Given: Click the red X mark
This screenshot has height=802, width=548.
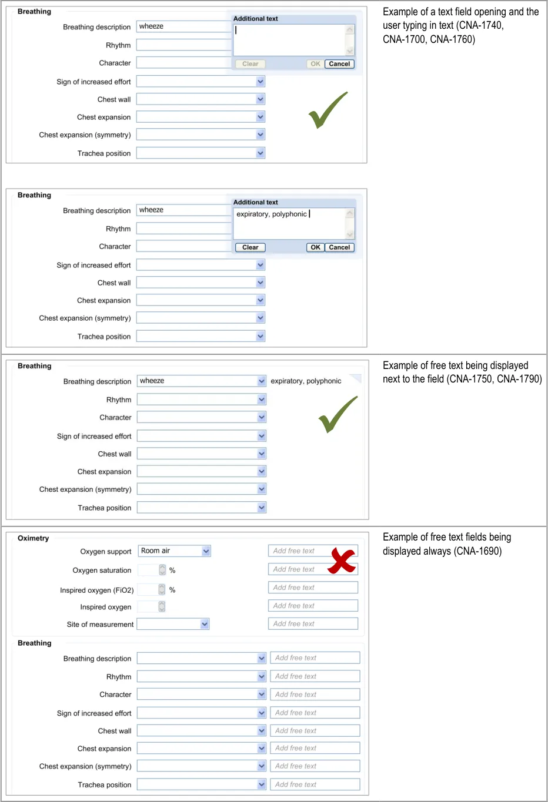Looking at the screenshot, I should click(342, 560).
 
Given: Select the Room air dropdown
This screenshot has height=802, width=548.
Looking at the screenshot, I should click(174, 551).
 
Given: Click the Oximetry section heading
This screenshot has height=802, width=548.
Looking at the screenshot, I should click(33, 538).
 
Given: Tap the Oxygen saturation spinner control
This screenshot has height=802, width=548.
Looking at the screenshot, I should click(162, 570).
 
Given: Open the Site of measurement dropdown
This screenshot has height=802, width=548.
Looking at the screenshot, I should click(173, 624).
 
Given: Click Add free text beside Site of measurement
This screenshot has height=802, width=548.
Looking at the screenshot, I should click(313, 624).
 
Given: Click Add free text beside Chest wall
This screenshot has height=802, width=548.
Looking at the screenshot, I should click(315, 731).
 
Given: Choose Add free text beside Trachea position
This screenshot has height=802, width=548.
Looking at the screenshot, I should click(315, 784).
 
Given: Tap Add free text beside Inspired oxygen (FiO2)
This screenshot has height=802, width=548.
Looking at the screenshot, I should click(313, 588).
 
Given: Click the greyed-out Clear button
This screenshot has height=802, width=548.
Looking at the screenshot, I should click(250, 64).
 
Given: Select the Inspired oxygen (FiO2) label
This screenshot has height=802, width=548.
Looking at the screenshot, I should click(96, 590).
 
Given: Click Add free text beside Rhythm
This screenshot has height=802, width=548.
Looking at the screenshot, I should click(315, 676).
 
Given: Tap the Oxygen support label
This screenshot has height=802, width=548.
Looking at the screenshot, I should click(106, 552).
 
